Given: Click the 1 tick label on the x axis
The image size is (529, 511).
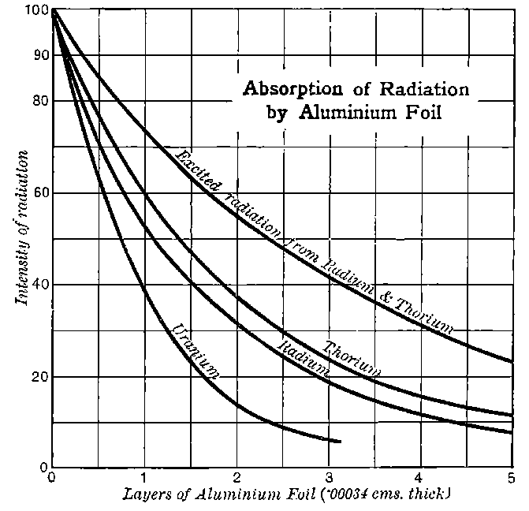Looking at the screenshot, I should coord(143,478).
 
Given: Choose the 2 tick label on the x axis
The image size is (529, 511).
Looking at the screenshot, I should coord(236,478).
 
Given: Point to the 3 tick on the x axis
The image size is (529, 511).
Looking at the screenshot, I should coord(328,478).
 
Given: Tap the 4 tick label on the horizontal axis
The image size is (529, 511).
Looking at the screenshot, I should coord(419,478).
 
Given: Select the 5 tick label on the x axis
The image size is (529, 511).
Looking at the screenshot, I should coord(511,478).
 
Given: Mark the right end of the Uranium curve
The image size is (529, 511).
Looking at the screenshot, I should coord(341,442).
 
